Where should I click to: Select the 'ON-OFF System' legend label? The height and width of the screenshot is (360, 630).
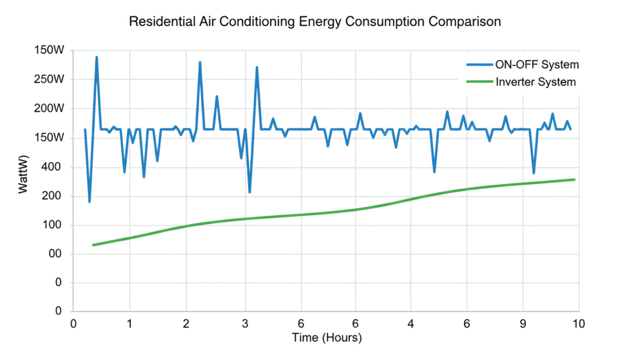coord(537,65)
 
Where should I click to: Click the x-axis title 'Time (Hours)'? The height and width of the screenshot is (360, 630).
coord(327,338)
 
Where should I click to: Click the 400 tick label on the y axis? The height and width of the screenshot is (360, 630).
coord(55,167)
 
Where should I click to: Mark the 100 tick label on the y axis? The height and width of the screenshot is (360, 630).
coord(55,226)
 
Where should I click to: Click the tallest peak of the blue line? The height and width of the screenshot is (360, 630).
coord(97,57)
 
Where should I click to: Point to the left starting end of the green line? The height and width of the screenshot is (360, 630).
coord(93,245)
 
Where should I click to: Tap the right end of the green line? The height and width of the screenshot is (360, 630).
coord(574,179)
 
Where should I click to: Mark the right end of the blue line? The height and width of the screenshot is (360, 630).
coord(570,129)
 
